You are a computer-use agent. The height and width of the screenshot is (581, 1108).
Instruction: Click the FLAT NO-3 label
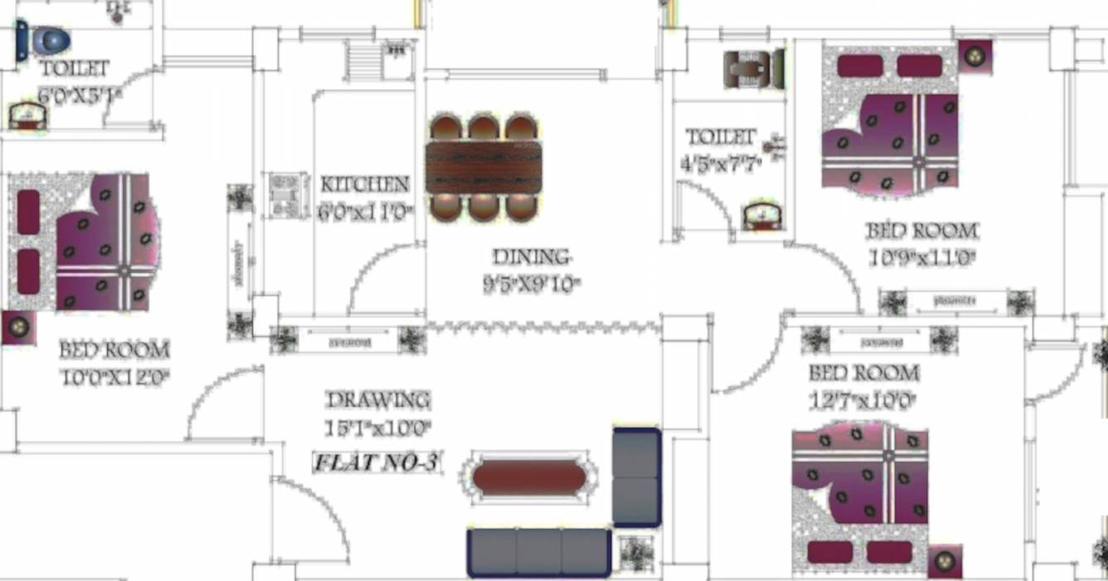click(x=376, y=463)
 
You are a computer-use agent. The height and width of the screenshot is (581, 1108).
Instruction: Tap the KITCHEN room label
click(x=365, y=184)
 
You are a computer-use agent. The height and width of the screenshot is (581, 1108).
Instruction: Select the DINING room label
click(x=532, y=256)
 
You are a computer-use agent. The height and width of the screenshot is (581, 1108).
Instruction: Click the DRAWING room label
click(x=378, y=400)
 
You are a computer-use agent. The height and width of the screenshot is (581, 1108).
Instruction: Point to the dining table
click(x=484, y=167)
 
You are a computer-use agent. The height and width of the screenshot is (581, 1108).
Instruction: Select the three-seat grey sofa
click(x=538, y=552)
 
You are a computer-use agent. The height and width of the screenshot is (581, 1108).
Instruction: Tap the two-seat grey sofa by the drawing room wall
click(x=636, y=477)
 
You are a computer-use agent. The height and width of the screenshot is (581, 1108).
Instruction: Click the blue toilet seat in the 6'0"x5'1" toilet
click(x=49, y=41)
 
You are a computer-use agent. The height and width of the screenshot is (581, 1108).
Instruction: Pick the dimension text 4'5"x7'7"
click(x=718, y=164)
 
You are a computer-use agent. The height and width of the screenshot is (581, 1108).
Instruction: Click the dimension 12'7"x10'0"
click(x=863, y=401)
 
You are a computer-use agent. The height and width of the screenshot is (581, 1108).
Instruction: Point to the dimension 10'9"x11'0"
click(x=921, y=257)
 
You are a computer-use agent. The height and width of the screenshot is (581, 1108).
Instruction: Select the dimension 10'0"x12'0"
click(x=115, y=378)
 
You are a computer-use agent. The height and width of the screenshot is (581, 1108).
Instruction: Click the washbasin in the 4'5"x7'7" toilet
click(x=761, y=217)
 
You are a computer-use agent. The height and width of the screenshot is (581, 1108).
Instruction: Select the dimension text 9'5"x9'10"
click(x=532, y=285)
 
